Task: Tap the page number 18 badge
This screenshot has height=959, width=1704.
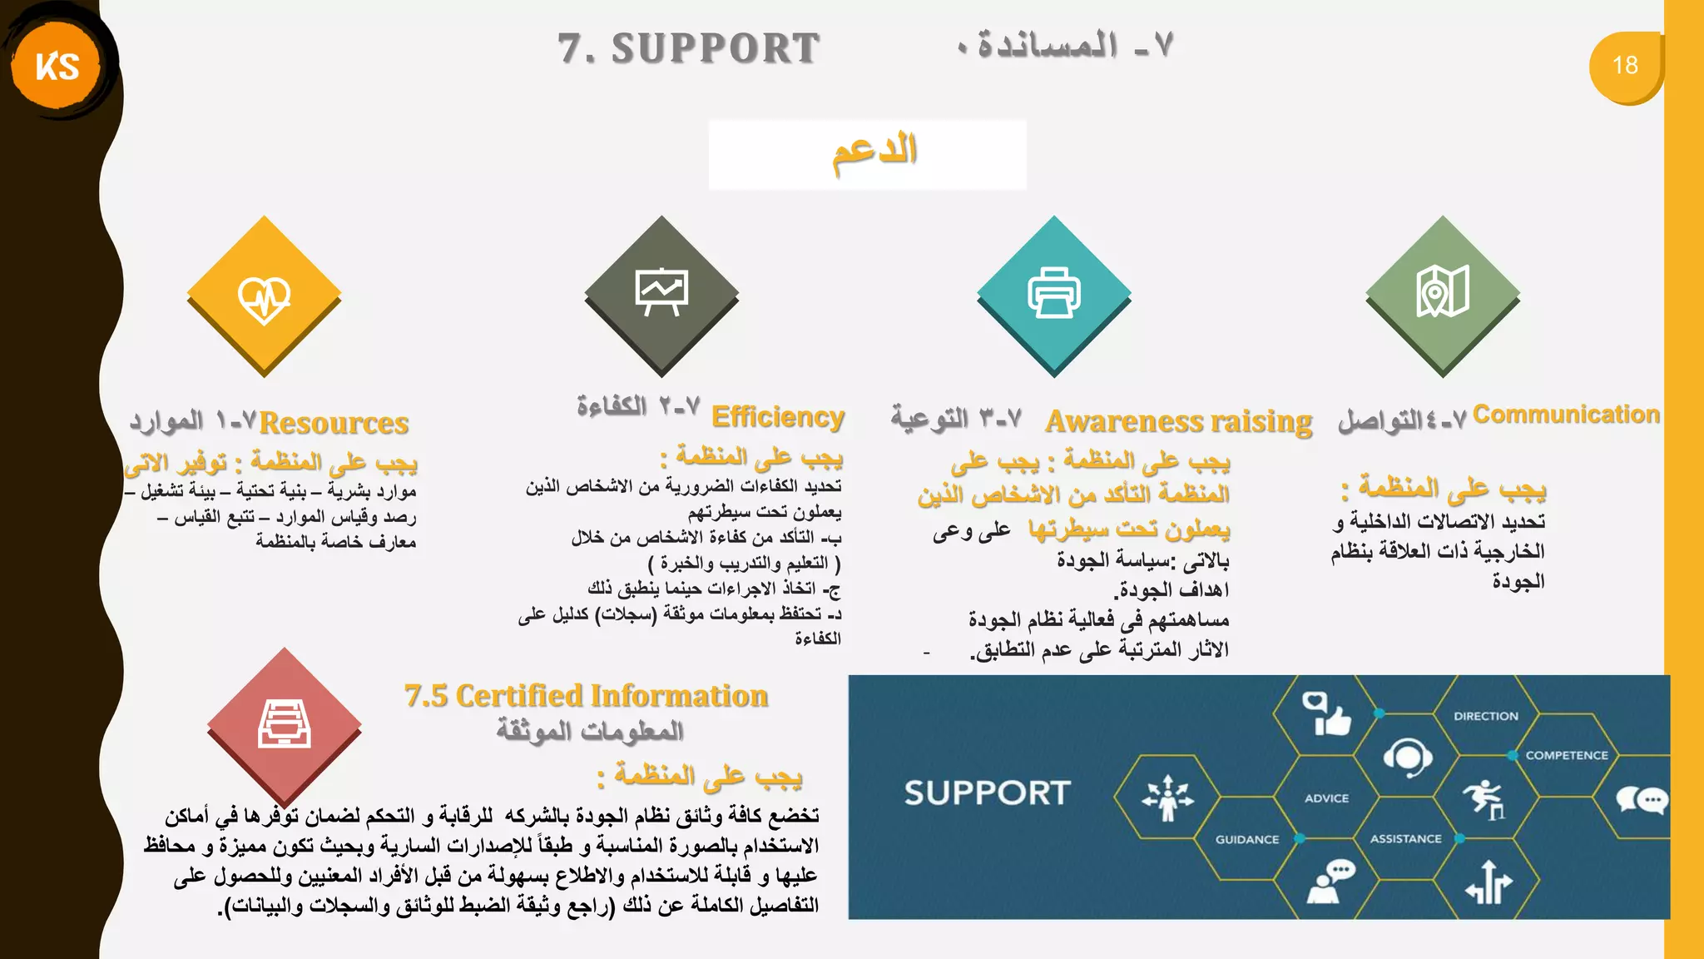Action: [1625, 66]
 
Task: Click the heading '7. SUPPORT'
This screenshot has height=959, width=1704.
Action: [689, 48]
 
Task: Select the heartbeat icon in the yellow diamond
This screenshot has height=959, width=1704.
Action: [264, 298]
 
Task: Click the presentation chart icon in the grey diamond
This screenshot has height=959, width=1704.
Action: [661, 291]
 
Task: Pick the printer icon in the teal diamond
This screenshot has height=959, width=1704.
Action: [1053, 293]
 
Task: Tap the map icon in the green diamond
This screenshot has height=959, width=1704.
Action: [1443, 291]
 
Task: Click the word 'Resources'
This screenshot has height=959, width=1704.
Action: [334, 423]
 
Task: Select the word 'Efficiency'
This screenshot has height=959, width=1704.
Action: [778, 416]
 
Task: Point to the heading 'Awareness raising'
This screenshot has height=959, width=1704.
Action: [1178, 421]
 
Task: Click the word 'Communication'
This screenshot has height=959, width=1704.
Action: [1566, 414]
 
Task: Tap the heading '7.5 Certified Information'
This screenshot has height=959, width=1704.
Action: [586, 696]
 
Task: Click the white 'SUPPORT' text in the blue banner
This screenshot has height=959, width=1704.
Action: [987, 793]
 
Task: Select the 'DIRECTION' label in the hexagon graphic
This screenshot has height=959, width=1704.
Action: [1486, 716]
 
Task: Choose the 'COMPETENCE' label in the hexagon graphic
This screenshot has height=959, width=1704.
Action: [1567, 755]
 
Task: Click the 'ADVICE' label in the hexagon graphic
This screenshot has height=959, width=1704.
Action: [1326, 798]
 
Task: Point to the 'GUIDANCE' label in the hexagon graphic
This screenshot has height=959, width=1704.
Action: [1247, 839]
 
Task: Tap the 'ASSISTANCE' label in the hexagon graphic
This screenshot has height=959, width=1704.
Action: [1405, 838]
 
